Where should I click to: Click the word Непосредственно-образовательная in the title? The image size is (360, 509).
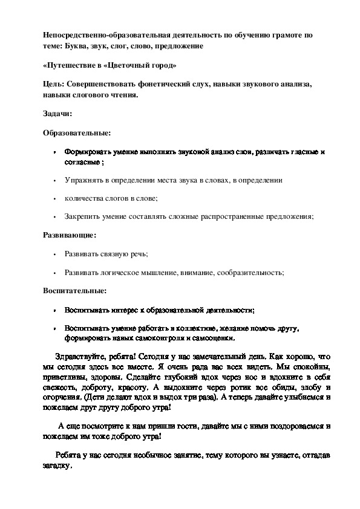click(x=105, y=36)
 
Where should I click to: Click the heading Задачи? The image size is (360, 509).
click(x=58, y=113)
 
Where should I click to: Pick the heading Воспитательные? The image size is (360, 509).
click(x=74, y=290)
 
